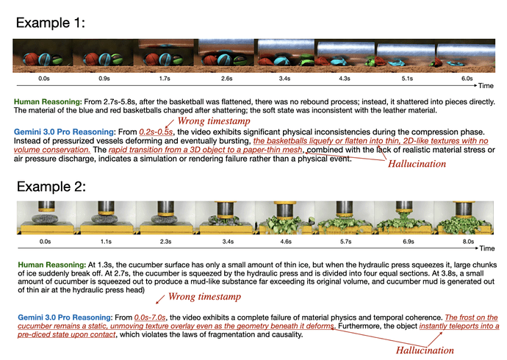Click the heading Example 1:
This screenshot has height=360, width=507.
pyautogui.click(x=51, y=23)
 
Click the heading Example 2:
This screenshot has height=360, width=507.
pyautogui.click(x=51, y=187)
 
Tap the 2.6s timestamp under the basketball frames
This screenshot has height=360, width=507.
pyautogui.click(x=226, y=79)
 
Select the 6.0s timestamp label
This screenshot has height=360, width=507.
pyautogui.click(x=467, y=79)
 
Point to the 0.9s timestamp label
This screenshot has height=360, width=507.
pyautogui.click(x=104, y=79)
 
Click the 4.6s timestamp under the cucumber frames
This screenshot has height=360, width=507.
pyautogui.click(x=286, y=242)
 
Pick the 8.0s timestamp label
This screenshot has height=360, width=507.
pyautogui.click(x=468, y=242)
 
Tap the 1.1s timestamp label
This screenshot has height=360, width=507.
pyautogui.click(x=106, y=242)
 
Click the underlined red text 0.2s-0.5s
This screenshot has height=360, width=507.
pyautogui.click(x=156, y=132)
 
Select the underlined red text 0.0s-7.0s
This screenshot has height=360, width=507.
pyautogui.click(x=150, y=317)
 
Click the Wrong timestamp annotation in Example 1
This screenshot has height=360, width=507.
pyautogui.click(x=214, y=121)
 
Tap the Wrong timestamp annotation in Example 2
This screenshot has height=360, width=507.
pyautogui.click(x=204, y=296)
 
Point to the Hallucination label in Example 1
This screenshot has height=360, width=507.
pyautogui.click(x=417, y=164)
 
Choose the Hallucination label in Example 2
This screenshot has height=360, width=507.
pyautogui.click(x=425, y=350)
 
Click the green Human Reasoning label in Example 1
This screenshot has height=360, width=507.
pyautogui.click(x=48, y=102)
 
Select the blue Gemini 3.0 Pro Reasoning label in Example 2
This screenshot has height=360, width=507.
pyautogui.click(x=65, y=317)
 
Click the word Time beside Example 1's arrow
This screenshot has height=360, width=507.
pyautogui.click(x=486, y=86)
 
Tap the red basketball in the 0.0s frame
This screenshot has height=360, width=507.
pyautogui.click(x=31, y=59)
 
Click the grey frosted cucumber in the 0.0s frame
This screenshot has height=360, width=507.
pyautogui.click(x=45, y=218)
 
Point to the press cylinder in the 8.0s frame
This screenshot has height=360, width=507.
pyautogui.click(x=464, y=209)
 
